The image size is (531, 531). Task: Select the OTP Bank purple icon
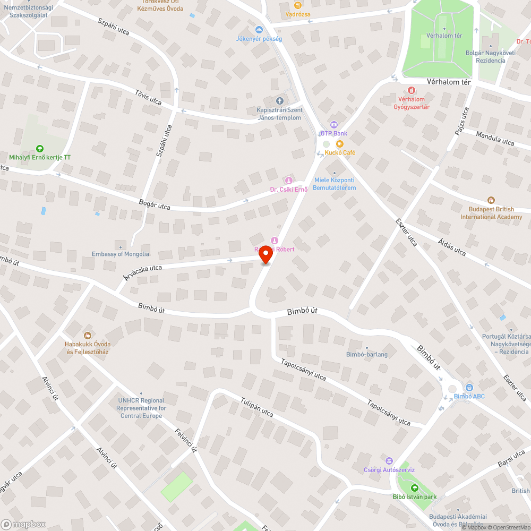click(x=333, y=125)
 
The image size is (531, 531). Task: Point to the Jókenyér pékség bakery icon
click(x=259, y=30)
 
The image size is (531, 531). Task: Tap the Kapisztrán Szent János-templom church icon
click(x=280, y=101)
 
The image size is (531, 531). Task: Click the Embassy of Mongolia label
click(x=120, y=254)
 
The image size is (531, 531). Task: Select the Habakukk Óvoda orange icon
click(x=87, y=335)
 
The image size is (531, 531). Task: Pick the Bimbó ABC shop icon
click(x=469, y=388)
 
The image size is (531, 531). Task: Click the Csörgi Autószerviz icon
click(x=389, y=461)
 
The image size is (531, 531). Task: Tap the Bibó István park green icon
click(x=415, y=489)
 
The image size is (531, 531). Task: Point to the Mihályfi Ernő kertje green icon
click(x=39, y=149)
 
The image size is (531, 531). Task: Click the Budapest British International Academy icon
click(x=491, y=200)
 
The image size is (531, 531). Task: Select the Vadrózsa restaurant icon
click(x=298, y=5)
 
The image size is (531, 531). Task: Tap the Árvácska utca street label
click(x=142, y=272)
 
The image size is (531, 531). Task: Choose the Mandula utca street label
click(x=495, y=139)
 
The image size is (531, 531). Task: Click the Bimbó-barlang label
click(x=366, y=354)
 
